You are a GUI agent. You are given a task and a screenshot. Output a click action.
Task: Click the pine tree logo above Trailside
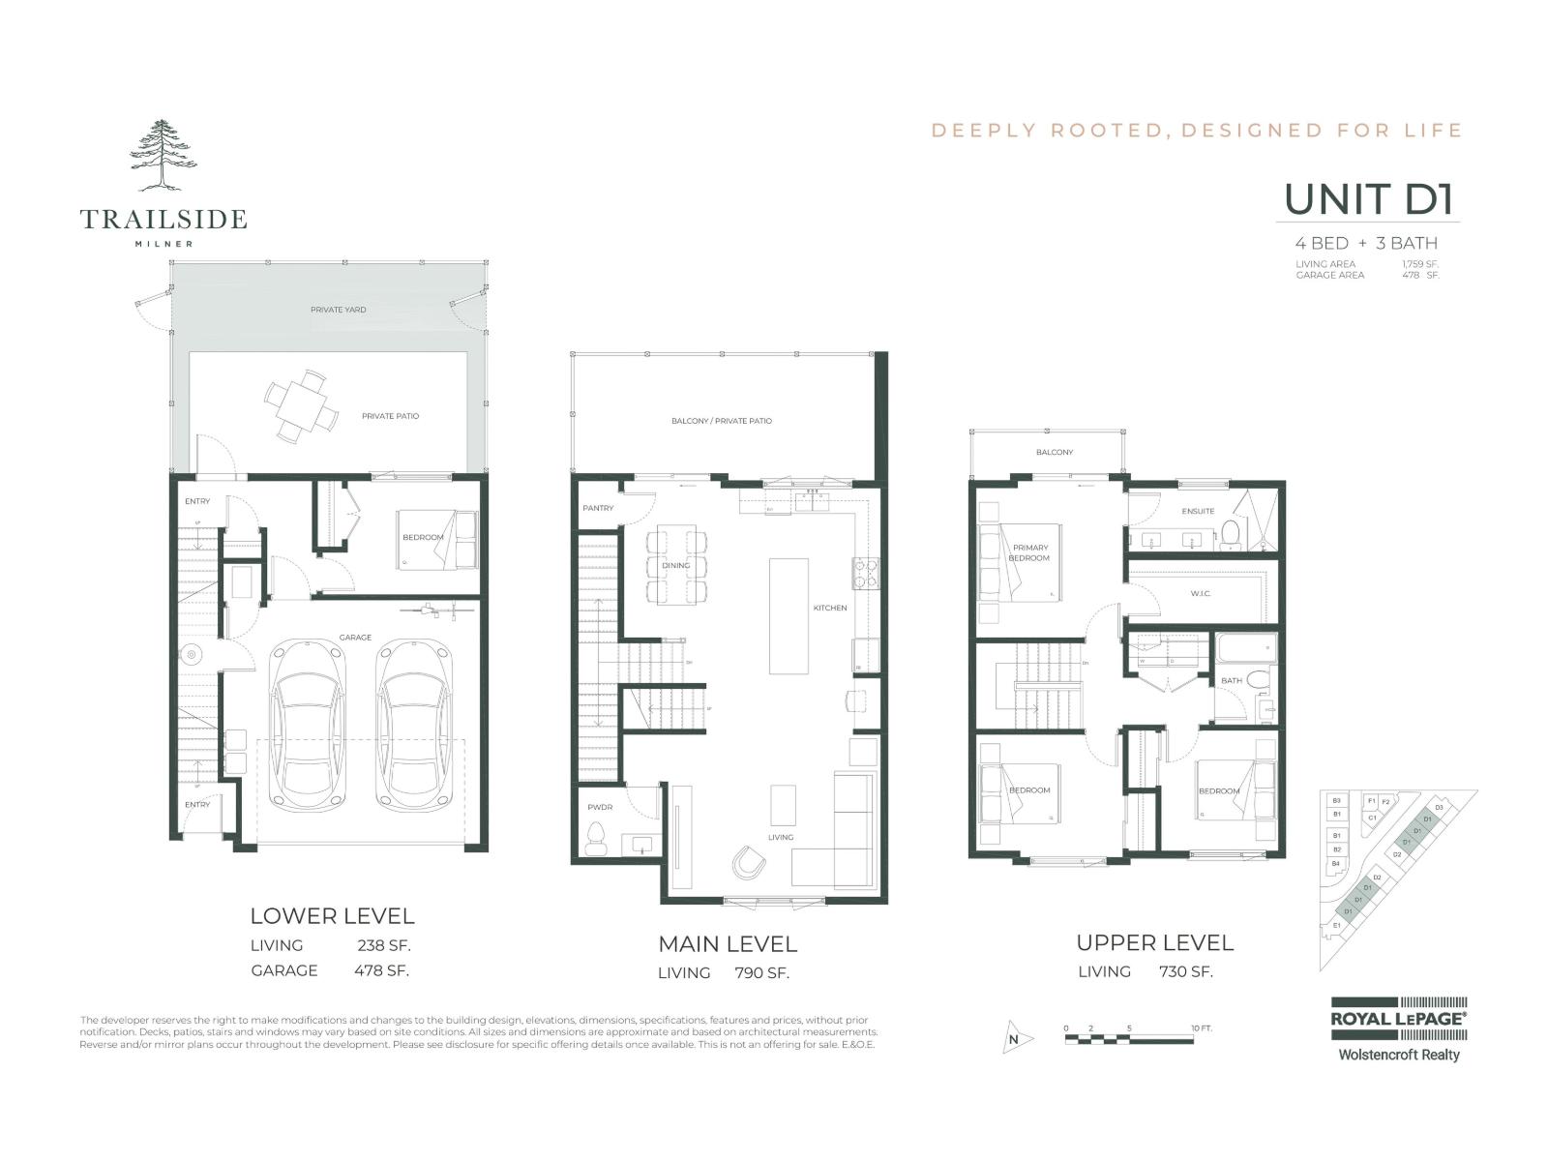coord(163,155)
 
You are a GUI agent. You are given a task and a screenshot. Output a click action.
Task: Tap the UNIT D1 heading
coord(1369,200)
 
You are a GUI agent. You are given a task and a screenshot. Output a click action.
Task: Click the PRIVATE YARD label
coord(339,310)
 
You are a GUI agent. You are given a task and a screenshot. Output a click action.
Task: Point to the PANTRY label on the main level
coord(598,508)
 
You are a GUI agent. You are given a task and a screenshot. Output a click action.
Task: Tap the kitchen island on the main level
coord(789,615)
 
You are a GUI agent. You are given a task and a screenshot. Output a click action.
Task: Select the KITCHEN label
coord(829,608)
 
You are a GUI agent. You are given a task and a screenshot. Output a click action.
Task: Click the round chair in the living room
coord(748,861)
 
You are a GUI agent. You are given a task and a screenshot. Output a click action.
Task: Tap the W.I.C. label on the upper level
coord(1200,593)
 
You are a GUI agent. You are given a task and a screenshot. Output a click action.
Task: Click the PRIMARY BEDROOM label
coord(1029,552)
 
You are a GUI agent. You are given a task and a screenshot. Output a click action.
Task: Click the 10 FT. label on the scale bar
coord(1201,1027)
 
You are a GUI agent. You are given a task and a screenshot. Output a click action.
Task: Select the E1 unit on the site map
coord(1337,926)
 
